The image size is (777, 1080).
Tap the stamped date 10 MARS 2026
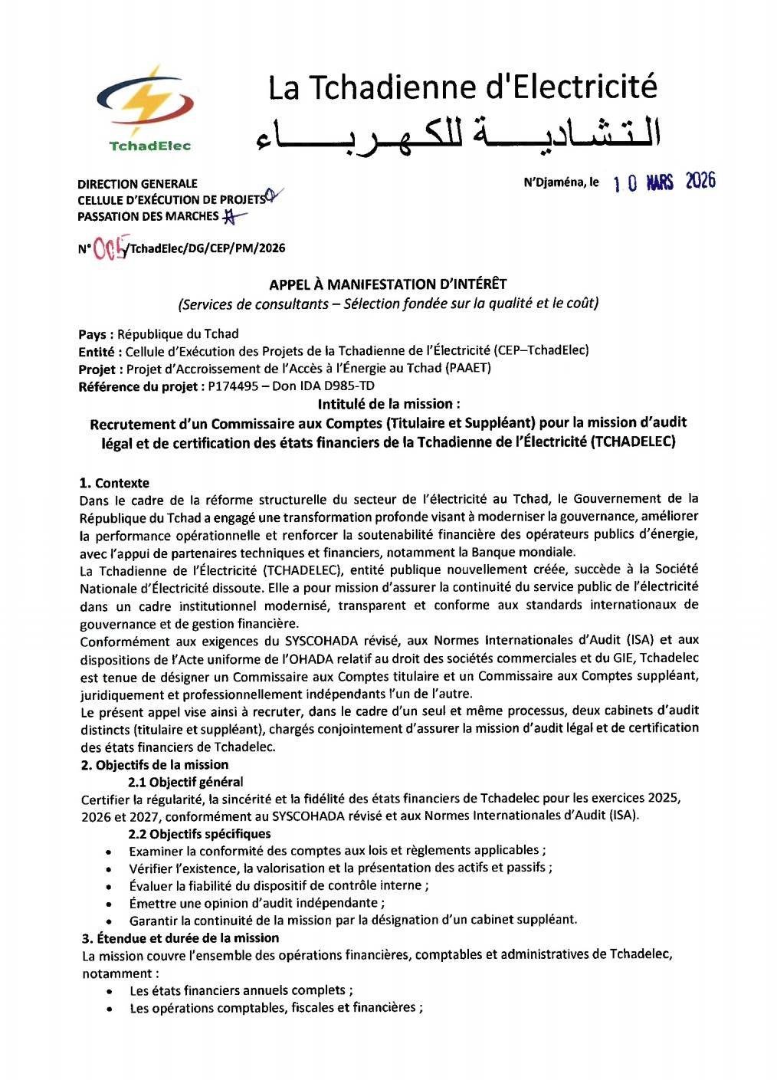click(x=664, y=182)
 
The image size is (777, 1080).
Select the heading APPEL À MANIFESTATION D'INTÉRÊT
click(x=388, y=284)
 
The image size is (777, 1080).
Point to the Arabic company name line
click(x=457, y=133)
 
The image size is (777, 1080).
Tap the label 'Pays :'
click(x=96, y=334)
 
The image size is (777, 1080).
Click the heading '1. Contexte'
click(x=114, y=483)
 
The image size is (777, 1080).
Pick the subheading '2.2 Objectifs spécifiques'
click(x=199, y=834)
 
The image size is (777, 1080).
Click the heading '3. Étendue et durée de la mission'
click(x=180, y=938)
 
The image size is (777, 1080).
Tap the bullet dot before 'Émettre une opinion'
click(x=111, y=904)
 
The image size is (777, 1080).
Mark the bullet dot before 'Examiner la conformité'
click(x=111, y=852)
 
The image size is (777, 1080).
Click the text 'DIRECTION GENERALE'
click(x=137, y=184)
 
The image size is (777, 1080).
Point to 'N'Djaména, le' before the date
click(x=561, y=182)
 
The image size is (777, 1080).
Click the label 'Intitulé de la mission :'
click(x=389, y=404)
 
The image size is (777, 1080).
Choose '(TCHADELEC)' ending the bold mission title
click(x=633, y=442)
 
